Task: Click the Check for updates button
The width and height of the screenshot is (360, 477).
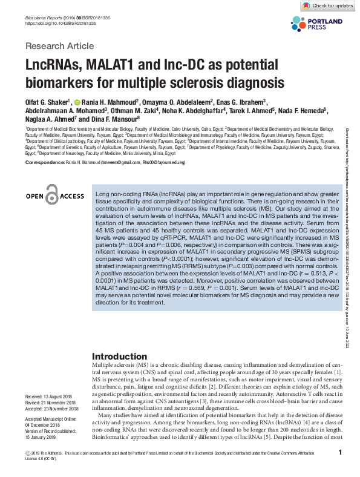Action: (328, 5)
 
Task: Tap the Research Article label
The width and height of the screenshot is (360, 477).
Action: (59, 46)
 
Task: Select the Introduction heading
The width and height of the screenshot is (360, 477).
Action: (119, 356)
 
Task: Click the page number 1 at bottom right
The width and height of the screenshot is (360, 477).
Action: (341, 453)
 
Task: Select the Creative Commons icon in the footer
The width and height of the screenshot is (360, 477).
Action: (28, 453)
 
